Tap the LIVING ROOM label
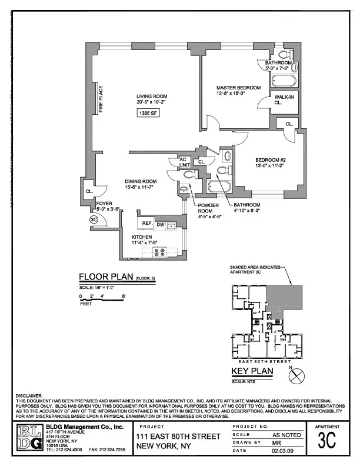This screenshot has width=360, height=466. [x=152, y=96]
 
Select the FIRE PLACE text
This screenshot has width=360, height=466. [x=101, y=100]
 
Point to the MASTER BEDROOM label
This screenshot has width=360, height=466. [x=238, y=88]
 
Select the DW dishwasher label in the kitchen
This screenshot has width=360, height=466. [x=160, y=225]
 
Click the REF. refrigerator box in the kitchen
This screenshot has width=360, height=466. [x=146, y=224]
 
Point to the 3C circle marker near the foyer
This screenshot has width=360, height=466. [x=93, y=219]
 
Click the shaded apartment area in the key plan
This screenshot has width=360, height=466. [x=285, y=297]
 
